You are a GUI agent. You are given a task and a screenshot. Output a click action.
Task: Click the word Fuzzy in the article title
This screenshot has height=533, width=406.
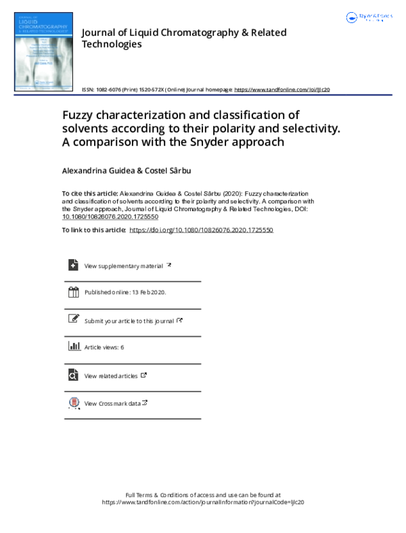coord(80,114)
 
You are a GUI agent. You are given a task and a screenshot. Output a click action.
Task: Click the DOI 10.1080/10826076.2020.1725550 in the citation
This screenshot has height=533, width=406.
coord(110,216)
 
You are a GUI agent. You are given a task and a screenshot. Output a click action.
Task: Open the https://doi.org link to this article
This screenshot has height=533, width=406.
coord(201,230)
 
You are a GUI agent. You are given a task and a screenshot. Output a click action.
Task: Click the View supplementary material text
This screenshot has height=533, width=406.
coord(123,266)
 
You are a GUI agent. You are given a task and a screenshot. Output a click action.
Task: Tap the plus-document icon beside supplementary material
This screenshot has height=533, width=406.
coord(73,265)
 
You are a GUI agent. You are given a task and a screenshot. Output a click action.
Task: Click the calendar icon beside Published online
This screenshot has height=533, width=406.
coord(73,292)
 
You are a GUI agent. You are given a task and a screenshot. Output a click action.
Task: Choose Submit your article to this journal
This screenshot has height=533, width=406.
coord(129,321)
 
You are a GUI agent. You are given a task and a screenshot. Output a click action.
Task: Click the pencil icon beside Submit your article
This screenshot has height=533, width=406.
coord(73,319)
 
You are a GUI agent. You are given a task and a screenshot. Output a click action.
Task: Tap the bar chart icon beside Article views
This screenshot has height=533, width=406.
coord(73,346)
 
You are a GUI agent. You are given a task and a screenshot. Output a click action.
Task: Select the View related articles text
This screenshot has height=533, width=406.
coord(111,376)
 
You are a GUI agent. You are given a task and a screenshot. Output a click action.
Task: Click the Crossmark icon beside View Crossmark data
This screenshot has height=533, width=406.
coord(73,403)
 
